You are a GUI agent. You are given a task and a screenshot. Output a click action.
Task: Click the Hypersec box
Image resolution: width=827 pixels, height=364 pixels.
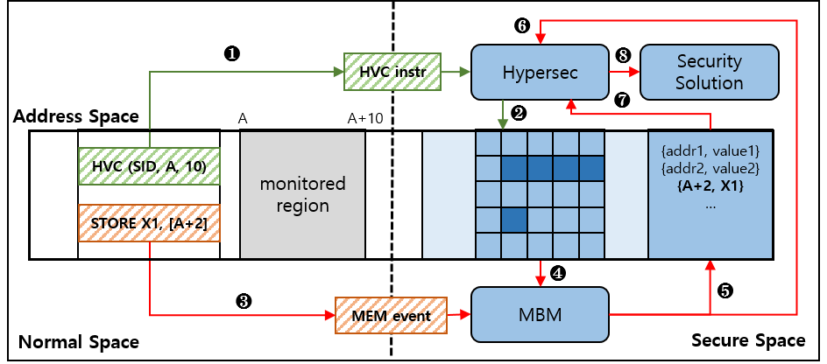click(x=541, y=72)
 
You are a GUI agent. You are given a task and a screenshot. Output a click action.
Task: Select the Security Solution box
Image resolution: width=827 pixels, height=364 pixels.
click(x=710, y=72)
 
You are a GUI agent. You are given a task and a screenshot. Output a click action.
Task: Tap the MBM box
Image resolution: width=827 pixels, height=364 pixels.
click(x=541, y=312)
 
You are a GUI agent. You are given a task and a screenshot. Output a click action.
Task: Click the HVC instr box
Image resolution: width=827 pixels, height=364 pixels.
click(x=391, y=72)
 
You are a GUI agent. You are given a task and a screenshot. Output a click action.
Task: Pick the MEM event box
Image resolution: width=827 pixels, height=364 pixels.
click(x=391, y=314)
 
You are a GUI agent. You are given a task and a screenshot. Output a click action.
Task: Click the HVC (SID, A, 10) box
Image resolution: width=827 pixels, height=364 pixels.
click(x=149, y=166)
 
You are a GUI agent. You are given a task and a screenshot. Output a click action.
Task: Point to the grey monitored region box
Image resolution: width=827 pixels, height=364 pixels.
click(x=302, y=194)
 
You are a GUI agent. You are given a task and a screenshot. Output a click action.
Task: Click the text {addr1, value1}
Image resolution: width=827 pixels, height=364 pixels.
click(x=710, y=150)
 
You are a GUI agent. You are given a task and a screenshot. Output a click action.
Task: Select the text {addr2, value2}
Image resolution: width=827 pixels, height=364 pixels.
click(x=710, y=166)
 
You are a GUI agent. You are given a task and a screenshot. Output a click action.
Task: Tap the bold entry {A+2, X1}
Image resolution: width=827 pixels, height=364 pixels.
click(x=710, y=185)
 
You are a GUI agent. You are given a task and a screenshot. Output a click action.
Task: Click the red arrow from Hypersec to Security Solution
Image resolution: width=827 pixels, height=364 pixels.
click(x=625, y=72)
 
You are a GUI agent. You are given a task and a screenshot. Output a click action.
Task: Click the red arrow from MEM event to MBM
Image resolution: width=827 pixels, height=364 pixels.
click(x=459, y=313)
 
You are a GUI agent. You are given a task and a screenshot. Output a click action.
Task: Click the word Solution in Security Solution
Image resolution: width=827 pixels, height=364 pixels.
click(x=710, y=83)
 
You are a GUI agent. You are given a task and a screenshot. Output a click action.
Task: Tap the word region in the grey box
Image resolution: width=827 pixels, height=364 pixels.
click(x=302, y=206)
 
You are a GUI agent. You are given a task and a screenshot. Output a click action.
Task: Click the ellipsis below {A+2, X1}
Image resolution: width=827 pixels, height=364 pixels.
click(x=710, y=204)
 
